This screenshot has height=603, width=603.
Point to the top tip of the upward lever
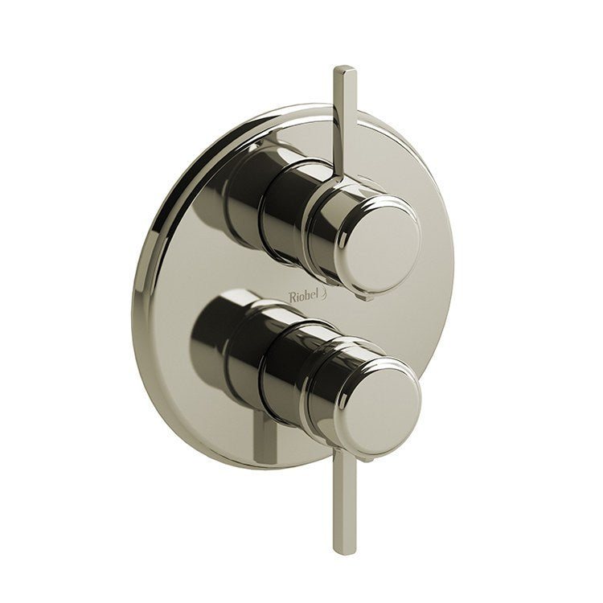(339, 66)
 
